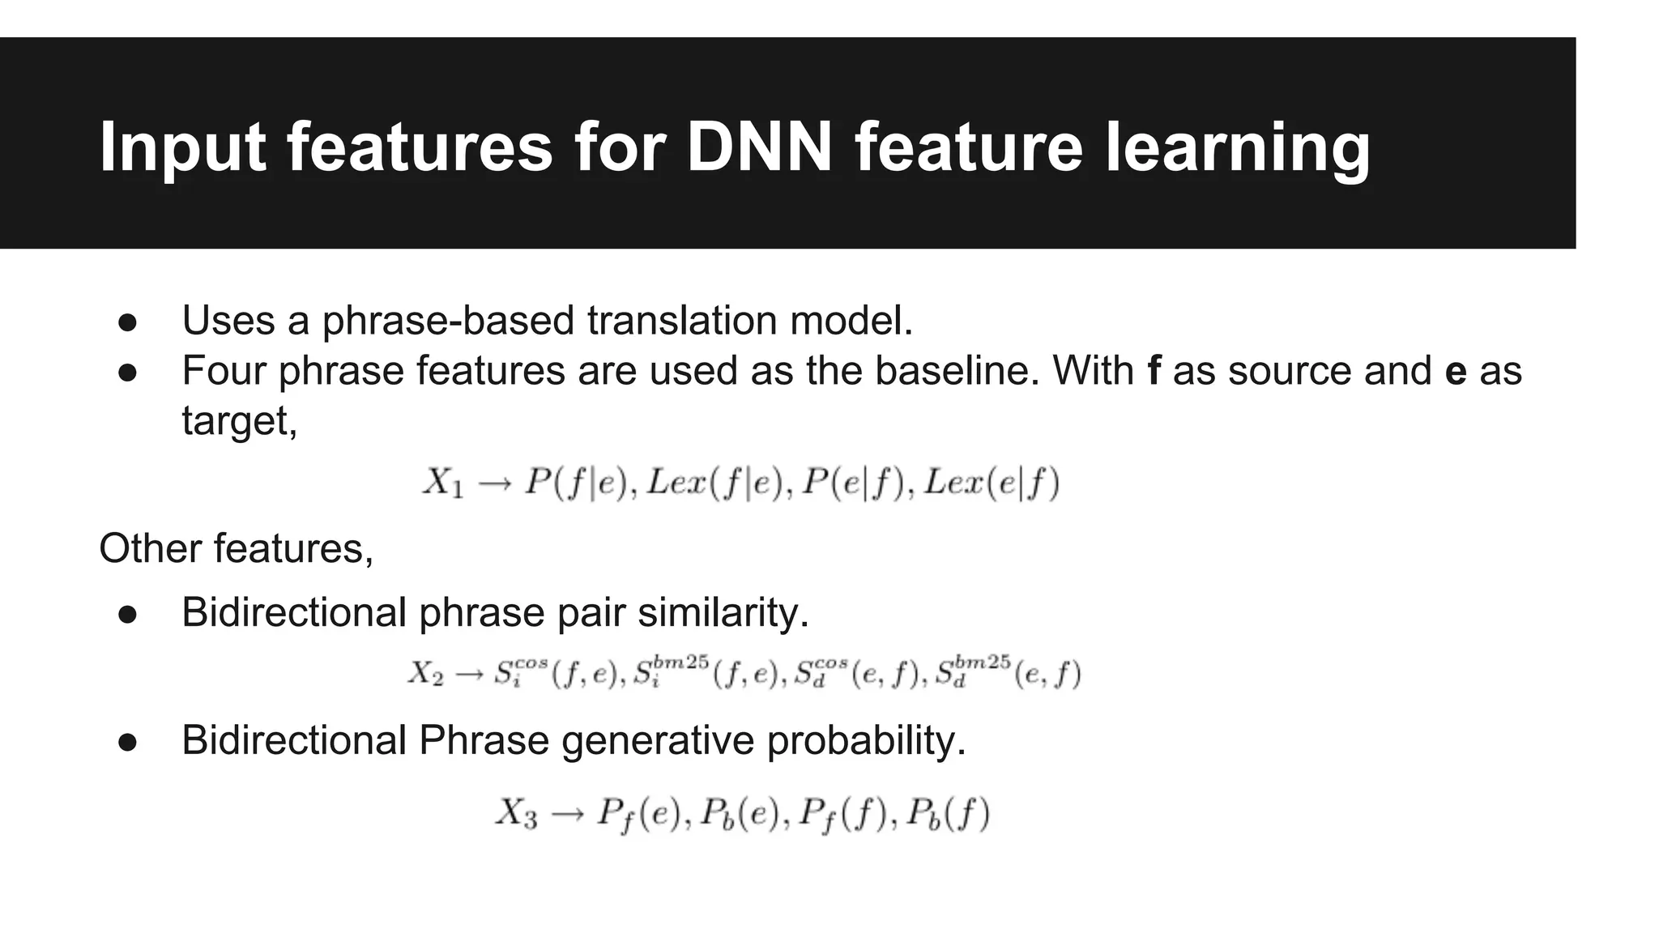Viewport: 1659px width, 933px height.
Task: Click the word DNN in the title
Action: (759, 147)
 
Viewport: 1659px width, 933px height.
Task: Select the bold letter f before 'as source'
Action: (1154, 371)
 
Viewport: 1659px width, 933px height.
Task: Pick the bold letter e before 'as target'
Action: (1456, 371)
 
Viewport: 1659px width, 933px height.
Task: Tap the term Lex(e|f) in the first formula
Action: (992, 484)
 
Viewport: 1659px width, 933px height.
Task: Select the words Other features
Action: (236, 548)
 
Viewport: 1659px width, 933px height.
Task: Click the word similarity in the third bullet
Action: (723, 612)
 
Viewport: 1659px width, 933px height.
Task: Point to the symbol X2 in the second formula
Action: (425, 674)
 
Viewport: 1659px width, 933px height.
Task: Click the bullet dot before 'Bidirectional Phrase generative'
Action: (127, 743)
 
